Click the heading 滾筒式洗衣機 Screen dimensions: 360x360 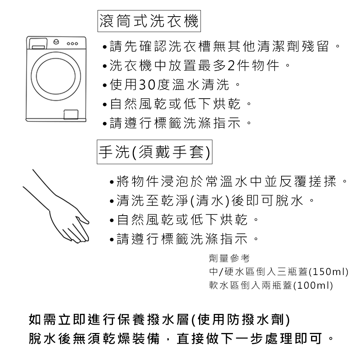(149, 21)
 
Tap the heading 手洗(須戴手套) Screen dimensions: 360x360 (154, 152)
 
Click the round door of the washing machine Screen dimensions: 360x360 (56, 76)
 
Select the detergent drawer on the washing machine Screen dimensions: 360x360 (37, 44)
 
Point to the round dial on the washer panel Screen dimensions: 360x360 (56, 42)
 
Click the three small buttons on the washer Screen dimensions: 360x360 (72, 44)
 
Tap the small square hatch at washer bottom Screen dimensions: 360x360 (71, 114)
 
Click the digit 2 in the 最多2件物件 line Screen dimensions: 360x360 (231, 66)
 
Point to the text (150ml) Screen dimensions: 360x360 (329, 272)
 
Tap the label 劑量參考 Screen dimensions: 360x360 (229, 258)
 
